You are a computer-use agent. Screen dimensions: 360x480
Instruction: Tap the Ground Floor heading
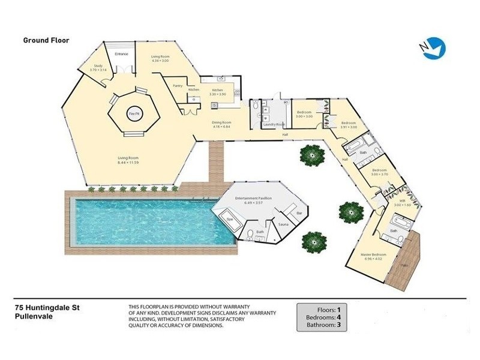46,41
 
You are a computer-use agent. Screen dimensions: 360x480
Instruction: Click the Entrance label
122,55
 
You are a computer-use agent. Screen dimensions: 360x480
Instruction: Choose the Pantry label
177,86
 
